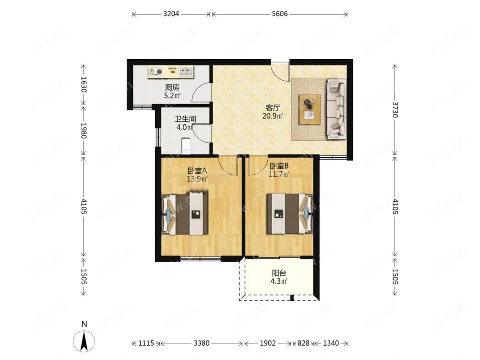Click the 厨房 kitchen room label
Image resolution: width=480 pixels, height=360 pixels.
(172, 87)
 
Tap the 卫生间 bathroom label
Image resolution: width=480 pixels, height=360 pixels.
(185, 119)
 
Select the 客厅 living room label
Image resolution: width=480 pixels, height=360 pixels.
(273, 108)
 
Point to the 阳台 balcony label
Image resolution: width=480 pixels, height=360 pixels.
(279, 273)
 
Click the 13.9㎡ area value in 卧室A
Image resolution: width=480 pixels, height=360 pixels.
(197, 179)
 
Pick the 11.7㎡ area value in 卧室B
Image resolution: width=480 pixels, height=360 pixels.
(279, 174)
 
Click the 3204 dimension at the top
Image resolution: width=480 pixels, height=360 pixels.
(171, 14)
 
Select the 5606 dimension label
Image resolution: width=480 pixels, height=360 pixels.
(280, 14)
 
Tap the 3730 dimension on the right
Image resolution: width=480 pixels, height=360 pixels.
(395, 110)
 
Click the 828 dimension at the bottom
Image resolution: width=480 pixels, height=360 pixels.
(303, 343)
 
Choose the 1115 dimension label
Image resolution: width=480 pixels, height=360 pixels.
(146, 343)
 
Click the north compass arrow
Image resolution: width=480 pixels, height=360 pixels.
(84, 341)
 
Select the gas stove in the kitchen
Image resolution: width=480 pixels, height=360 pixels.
(155, 72)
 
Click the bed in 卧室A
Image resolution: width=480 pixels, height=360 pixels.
(185, 214)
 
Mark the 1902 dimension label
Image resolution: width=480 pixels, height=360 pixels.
(267, 343)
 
